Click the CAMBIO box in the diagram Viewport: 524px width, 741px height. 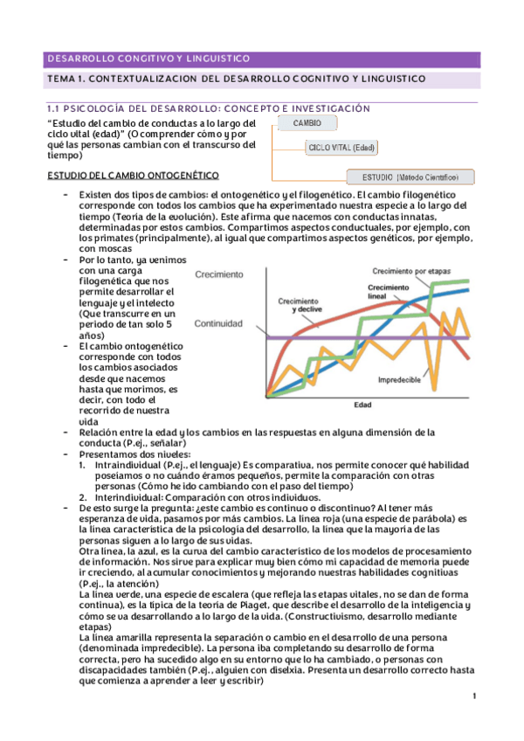[x=307, y=123]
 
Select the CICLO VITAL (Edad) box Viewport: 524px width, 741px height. [x=341, y=149]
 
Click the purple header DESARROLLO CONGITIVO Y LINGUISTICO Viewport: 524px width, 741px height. [x=148, y=59]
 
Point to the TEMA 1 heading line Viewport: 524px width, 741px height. [x=236, y=80]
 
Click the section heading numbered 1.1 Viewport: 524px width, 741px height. [x=208, y=107]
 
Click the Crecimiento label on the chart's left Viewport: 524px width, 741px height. [x=219, y=274]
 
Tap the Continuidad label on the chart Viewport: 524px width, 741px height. [x=218, y=323]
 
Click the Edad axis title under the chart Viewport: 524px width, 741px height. [x=362, y=405]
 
